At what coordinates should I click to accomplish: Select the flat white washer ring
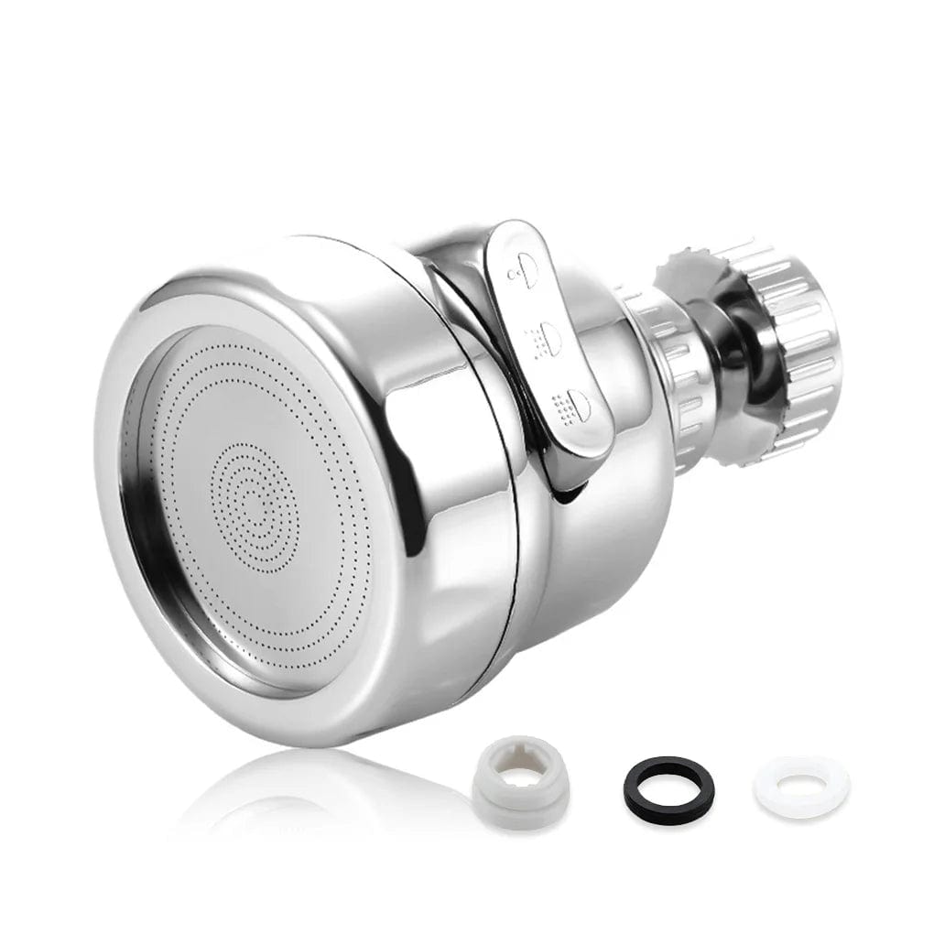coord(800,786)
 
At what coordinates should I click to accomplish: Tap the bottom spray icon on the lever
coord(574,404)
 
